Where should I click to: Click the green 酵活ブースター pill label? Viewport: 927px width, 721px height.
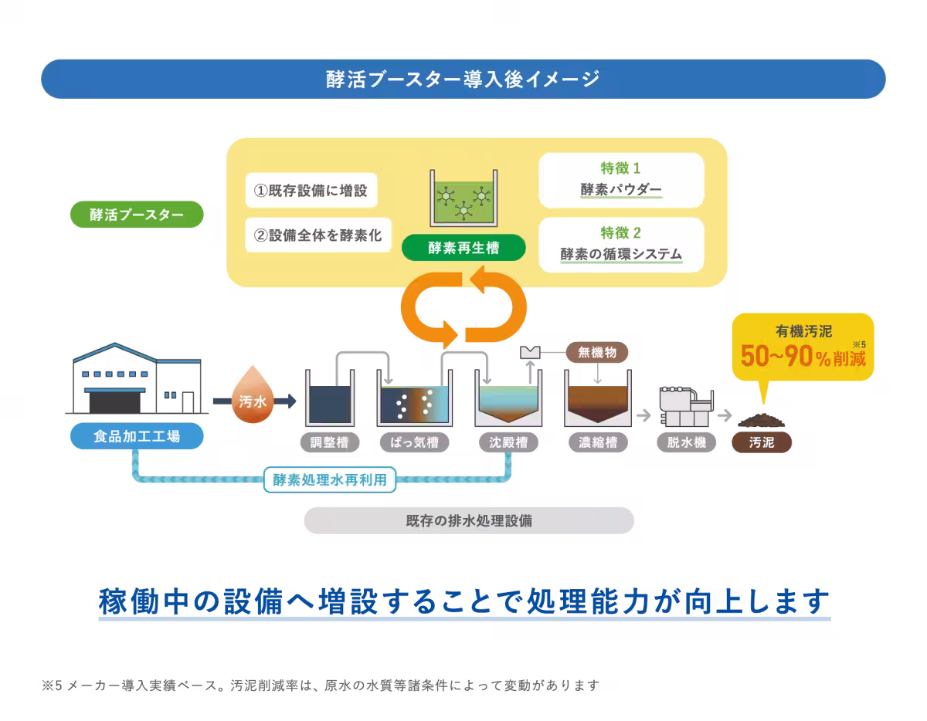pyautogui.click(x=137, y=215)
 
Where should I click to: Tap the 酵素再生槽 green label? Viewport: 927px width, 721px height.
pyautogui.click(x=463, y=248)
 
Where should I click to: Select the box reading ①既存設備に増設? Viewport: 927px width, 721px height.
pyautogui.click(x=311, y=190)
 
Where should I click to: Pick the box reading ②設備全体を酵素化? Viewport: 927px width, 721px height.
pyautogui.click(x=318, y=235)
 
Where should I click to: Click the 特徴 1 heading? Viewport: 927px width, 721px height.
pyautogui.click(x=620, y=168)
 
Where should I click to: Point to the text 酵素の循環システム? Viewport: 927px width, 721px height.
pyautogui.click(x=621, y=254)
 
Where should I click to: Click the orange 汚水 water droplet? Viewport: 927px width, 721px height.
pyautogui.click(x=253, y=395)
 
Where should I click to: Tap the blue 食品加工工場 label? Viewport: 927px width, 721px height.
pyautogui.click(x=137, y=436)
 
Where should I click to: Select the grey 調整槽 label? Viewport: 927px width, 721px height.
pyautogui.click(x=329, y=442)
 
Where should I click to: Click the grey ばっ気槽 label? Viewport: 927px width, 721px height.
pyautogui.click(x=414, y=442)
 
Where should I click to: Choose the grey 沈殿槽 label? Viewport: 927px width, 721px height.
pyautogui.click(x=508, y=442)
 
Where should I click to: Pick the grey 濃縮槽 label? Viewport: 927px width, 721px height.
pyautogui.click(x=598, y=442)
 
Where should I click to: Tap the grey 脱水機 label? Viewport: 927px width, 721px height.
pyautogui.click(x=686, y=442)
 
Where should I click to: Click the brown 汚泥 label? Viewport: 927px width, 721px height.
pyautogui.click(x=762, y=442)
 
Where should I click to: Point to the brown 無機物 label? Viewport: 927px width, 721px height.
pyautogui.click(x=597, y=352)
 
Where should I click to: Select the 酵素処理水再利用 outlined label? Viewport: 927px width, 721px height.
pyautogui.click(x=330, y=480)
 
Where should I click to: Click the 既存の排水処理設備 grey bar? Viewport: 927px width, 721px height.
pyautogui.click(x=469, y=520)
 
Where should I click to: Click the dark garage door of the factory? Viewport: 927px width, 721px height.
pyautogui.click(x=115, y=403)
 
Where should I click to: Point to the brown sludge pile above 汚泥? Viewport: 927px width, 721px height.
pyautogui.click(x=762, y=420)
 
